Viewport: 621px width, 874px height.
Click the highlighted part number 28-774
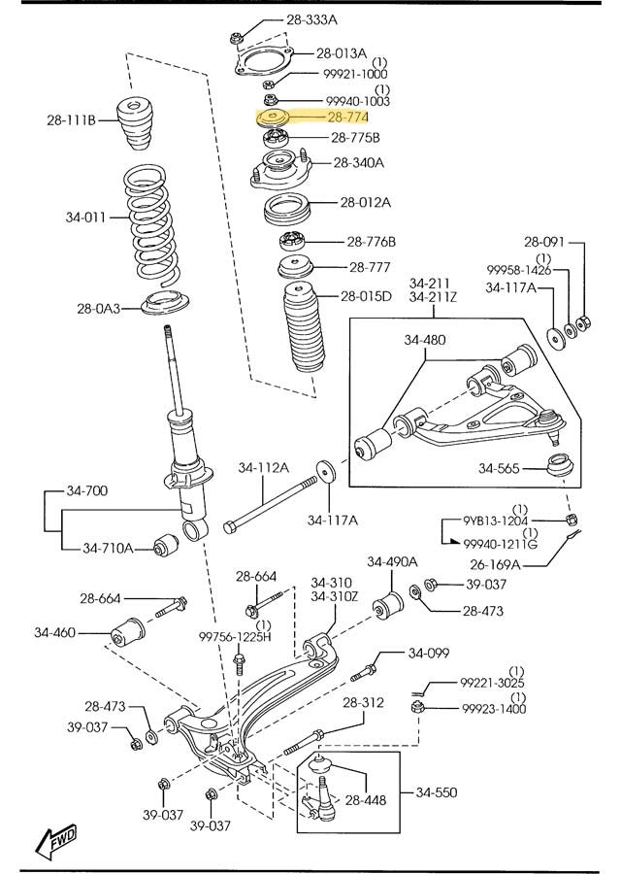tap(347, 118)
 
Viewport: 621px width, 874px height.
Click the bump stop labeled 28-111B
tap(134, 123)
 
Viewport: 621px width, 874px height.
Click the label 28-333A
tap(311, 20)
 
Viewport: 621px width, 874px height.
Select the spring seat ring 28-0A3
tap(165, 304)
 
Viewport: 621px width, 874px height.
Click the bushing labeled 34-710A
tap(165, 545)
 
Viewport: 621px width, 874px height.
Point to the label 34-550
tap(436, 792)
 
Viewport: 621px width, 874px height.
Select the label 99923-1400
tap(494, 709)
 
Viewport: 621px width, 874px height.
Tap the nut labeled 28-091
tap(583, 322)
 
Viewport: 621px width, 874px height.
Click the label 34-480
tap(425, 339)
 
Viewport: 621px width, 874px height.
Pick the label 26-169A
tap(495, 564)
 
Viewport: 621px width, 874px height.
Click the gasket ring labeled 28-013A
tap(264, 60)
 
